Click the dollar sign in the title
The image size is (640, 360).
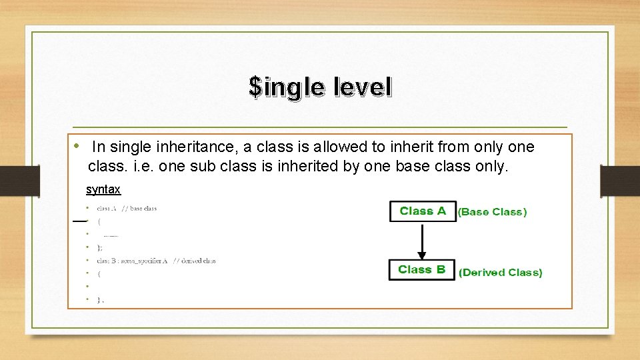255,86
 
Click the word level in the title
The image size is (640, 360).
359,86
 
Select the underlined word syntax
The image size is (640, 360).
103,189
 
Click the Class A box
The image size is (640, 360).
423,211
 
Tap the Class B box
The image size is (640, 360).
422,270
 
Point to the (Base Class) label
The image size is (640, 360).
492,212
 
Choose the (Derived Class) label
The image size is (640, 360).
501,273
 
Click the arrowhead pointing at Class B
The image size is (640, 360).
421,254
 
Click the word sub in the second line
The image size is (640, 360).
201,166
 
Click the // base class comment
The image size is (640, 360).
139,209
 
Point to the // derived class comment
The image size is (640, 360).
194,261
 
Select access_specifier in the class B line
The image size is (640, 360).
141,261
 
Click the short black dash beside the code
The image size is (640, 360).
80,220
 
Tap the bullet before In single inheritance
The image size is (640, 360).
77,145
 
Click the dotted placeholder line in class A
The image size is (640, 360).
111,235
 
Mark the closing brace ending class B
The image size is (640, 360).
99,300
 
